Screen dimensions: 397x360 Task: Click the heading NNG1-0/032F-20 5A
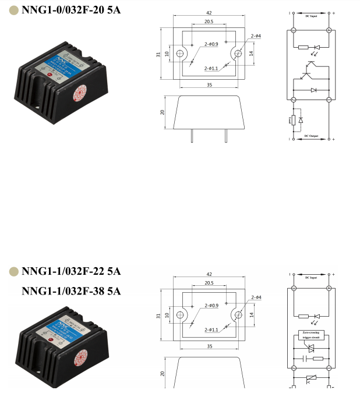(71, 10)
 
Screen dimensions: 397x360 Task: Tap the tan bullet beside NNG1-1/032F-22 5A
(13, 271)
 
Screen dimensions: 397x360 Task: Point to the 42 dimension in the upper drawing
(209, 13)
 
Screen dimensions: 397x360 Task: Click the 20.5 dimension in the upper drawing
(209, 22)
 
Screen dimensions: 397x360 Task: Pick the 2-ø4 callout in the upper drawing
(256, 36)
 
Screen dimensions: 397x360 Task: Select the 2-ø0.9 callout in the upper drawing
(211, 44)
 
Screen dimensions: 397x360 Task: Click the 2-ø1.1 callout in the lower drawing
(211, 329)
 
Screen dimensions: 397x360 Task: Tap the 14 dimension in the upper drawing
(251, 54)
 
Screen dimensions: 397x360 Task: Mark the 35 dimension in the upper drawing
(209, 84)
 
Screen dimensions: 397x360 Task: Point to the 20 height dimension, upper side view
(164, 112)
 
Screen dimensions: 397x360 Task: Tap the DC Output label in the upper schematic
(311, 136)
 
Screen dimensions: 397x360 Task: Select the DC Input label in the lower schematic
(311, 277)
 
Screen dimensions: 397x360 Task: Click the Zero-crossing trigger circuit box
(310, 335)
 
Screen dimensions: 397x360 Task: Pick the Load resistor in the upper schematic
(292, 120)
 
